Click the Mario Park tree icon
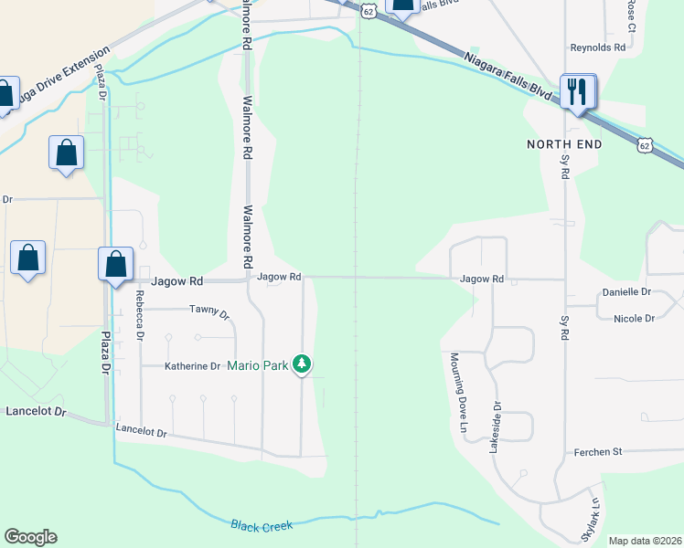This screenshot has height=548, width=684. (302, 365)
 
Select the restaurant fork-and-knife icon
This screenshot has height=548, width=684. (578, 91)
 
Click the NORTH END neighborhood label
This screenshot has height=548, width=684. (564, 144)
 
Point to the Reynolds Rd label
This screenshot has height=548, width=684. (597, 47)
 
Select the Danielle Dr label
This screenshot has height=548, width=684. (626, 292)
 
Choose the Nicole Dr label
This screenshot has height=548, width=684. (635, 319)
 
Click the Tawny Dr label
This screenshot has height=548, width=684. (209, 311)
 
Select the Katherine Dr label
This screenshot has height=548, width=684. (192, 366)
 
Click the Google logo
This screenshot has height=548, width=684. (30, 537)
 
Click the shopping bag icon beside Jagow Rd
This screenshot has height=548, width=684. (115, 266)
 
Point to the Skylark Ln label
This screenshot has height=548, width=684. (588, 518)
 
